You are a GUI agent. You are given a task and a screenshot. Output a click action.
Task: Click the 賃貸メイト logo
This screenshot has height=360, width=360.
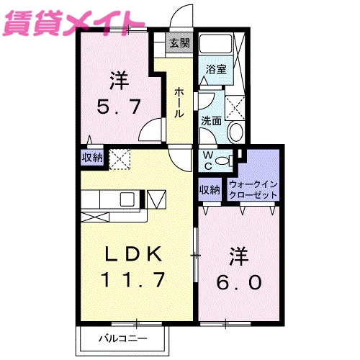coord(68,22)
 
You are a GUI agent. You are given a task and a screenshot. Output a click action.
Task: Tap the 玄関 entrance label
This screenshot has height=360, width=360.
coord(180,42)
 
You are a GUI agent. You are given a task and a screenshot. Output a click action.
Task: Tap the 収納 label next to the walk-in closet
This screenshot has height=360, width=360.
coord(210,190)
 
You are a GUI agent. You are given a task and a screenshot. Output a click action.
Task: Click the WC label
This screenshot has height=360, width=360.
coord(207,160)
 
